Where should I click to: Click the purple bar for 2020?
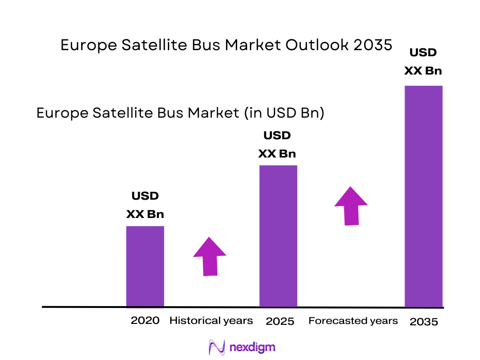pos(145,266)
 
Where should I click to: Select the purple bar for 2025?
pos(278,236)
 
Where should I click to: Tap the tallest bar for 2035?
pos(423,196)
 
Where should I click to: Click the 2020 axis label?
pos(145,321)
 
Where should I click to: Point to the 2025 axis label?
pos(280,322)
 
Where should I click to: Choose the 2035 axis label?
pos(424,322)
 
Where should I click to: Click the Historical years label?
pos(211,321)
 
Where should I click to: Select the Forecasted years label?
pos(353,321)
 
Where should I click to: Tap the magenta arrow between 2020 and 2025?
pos(210,256)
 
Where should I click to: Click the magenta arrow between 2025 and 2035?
pos(351,206)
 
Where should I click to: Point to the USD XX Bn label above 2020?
pos(145,205)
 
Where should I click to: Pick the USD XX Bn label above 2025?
pos(277,145)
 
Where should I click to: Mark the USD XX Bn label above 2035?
pos(423,62)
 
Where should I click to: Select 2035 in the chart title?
pos(373,45)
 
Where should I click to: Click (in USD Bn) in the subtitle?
pos(283,113)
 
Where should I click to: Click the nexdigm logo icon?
pos(217,347)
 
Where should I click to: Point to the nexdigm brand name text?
pos(252,347)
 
